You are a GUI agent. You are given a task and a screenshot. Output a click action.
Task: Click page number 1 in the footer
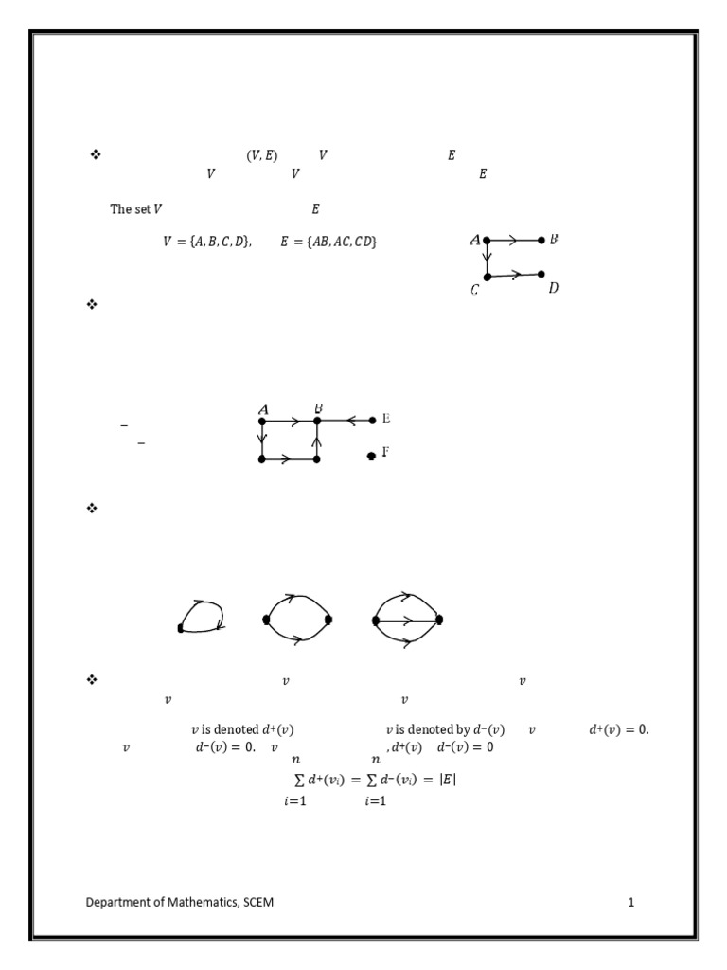pyautogui.click(x=631, y=902)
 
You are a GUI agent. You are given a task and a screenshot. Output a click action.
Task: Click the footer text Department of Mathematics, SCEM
pyautogui.click(x=179, y=902)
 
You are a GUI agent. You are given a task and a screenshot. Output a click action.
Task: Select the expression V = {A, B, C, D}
pyautogui.click(x=207, y=242)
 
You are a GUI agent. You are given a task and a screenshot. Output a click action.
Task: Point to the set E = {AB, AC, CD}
pyautogui.click(x=328, y=242)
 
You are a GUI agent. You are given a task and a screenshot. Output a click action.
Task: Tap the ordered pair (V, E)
pyautogui.click(x=262, y=155)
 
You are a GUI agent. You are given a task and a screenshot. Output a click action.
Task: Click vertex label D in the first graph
pyautogui.click(x=553, y=288)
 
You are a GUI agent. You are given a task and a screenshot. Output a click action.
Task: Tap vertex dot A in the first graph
pyautogui.click(x=487, y=240)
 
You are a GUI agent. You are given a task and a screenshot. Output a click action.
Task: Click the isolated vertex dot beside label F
pyautogui.click(x=371, y=456)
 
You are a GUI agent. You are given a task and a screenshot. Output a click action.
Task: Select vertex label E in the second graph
pyautogui.click(x=386, y=419)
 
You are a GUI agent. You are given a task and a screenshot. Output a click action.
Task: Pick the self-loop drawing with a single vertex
pyautogui.click(x=201, y=617)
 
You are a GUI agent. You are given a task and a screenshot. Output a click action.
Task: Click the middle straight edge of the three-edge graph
pyautogui.click(x=407, y=620)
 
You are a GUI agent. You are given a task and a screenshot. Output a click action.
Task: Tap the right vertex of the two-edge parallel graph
pyautogui.click(x=328, y=620)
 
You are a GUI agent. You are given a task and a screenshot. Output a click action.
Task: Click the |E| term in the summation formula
pyautogui.click(x=448, y=780)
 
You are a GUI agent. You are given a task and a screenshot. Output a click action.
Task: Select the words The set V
pyautogui.click(x=136, y=209)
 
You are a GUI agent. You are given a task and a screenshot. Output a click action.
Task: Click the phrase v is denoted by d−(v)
pyautogui.click(x=445, y=729)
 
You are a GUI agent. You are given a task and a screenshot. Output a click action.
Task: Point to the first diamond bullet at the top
pyautogui.click(x=96, y=154)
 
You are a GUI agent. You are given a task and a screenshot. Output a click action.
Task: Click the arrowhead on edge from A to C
pyautogui.click(x=488, y=255)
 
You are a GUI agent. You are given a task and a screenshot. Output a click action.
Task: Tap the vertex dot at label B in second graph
pyautogui.click(x=317, y=421)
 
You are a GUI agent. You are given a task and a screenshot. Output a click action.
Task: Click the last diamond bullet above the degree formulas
pyautogui.click(x=92, y=680)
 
